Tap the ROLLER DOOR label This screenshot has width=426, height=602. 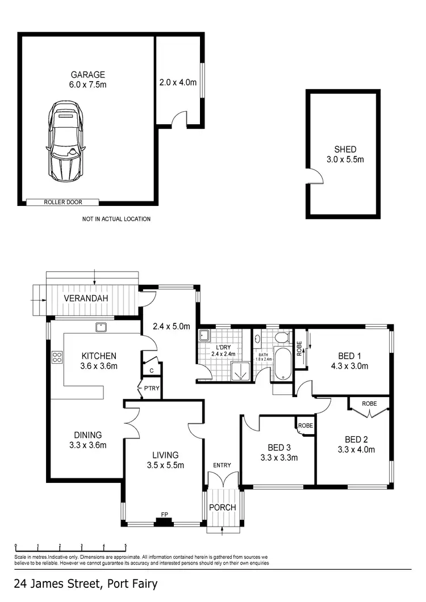(62, 202)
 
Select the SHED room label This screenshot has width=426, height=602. (345, 150)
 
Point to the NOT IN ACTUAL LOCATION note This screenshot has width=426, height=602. (116, 219)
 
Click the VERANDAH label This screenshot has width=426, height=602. (86, 298)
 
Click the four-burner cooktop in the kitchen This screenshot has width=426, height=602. (57, 357)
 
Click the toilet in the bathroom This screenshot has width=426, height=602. (281, 338)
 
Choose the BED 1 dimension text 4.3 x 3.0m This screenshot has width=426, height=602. (349, 366)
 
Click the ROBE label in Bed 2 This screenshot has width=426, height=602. (370, 403)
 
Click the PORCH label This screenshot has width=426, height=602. (223, 507)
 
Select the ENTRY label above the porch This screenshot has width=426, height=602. (222, 465)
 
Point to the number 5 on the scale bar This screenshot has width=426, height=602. (126, 546)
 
